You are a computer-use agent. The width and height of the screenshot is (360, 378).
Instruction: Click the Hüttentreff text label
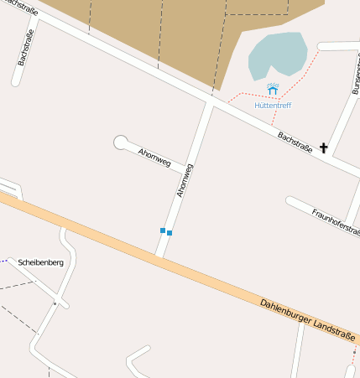click(x=273, y=106)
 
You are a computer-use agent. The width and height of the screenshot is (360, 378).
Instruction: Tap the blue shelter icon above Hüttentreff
click(x=273, y=88)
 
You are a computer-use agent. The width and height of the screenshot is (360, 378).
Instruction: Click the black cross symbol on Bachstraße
click(x=324, y=148)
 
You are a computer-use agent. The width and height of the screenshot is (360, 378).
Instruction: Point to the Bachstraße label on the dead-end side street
click(x=25, y=49)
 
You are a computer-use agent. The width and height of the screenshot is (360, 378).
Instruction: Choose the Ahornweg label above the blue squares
click(x=185, y=180)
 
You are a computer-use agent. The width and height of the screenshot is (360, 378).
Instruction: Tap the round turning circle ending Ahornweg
click(x=121, y=142)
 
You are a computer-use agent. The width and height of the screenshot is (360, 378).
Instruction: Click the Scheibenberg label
click(x=40, y=262)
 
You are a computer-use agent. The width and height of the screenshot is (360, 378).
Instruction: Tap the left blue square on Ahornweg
click(x=163, y=230)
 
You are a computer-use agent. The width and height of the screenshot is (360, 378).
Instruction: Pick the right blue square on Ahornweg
click(x=170, y=232)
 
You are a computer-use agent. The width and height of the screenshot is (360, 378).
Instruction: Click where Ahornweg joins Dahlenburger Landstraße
click(x=159, y=256)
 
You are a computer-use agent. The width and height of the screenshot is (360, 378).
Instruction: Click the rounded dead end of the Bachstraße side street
click(x=16, y=82)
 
